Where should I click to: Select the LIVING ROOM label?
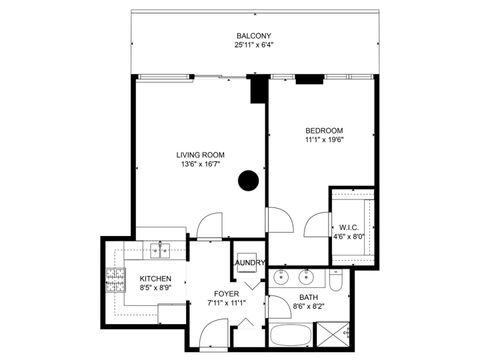pos(200,154)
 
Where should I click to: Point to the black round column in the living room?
pos(248,180)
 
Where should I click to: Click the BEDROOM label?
pos(324,131)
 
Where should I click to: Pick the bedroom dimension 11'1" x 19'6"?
pos(324,141)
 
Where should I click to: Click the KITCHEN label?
pos(155,279)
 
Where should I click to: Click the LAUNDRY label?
pos(249,263)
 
